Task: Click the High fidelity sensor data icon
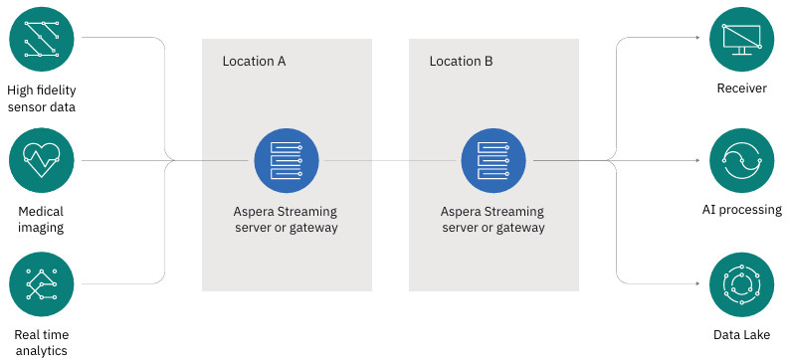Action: coord(41,38)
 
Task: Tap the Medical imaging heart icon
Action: coord(41,161)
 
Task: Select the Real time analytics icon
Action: coord(41,284)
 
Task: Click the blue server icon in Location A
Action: coord(287,161)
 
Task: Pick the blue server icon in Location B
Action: coord(493,161)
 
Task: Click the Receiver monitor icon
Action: coord(741,38)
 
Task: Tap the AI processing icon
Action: coord(741,161)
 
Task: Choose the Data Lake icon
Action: coord(741,284)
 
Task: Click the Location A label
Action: coord(254,62)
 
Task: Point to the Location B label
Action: coord(462,62)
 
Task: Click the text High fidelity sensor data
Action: coord(41,98)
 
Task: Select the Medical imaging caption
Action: coord(41,219)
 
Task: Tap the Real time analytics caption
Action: coord(41,342)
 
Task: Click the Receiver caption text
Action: coord(741,89)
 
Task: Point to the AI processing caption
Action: coord(741,210)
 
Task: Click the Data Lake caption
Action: coord(741,335)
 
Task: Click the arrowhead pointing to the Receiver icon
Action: coord(697,38)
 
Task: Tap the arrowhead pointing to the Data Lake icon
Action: coord(697,283)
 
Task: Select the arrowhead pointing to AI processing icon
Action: coord(697,161)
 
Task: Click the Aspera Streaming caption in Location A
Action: coord(287,219)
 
